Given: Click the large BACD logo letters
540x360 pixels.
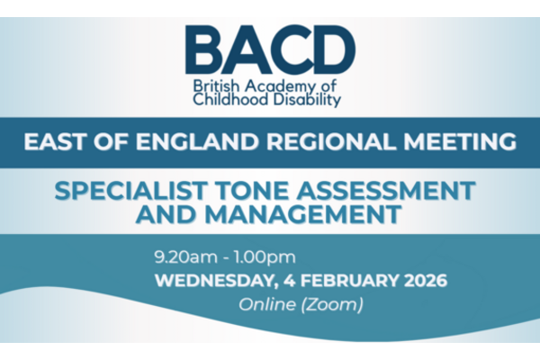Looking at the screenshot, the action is click(270, 49).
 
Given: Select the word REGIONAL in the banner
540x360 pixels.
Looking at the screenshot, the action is click(331, 141).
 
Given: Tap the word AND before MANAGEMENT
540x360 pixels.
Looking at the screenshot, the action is click(166, 214).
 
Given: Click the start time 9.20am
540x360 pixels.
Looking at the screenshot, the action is click(186, 257).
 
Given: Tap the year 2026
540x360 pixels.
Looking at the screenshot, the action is click(426, 281).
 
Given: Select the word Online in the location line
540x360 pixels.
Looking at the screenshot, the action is click(267, 304).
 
